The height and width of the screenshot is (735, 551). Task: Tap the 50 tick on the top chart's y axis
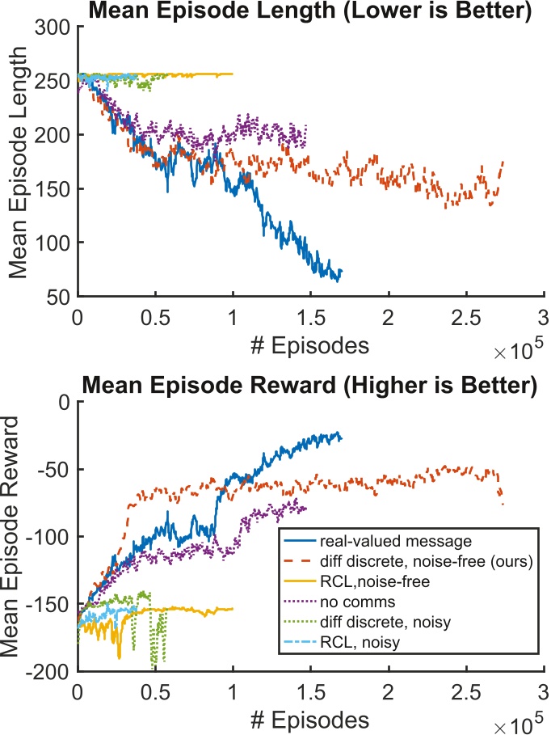click(x=58, y=297)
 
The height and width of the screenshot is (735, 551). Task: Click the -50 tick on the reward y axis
click(x=53, y=470)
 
